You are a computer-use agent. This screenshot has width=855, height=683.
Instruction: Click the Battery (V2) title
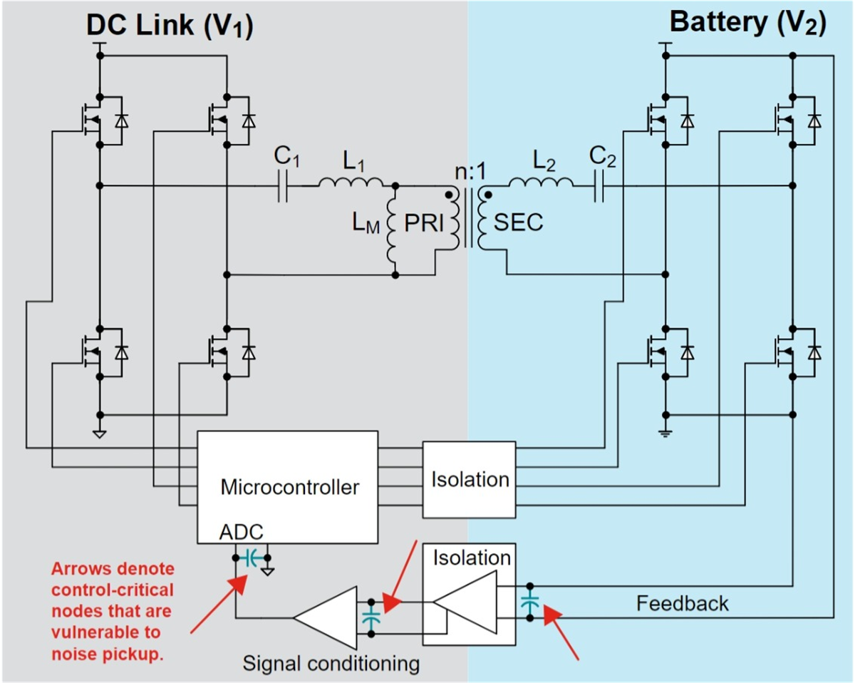[747, 24]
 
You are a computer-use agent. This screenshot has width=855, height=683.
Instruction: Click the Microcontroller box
[288, 487]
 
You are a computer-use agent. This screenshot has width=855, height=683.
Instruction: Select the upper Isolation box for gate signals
[469, 478]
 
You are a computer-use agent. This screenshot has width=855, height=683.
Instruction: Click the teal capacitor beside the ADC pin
[250, 558]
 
